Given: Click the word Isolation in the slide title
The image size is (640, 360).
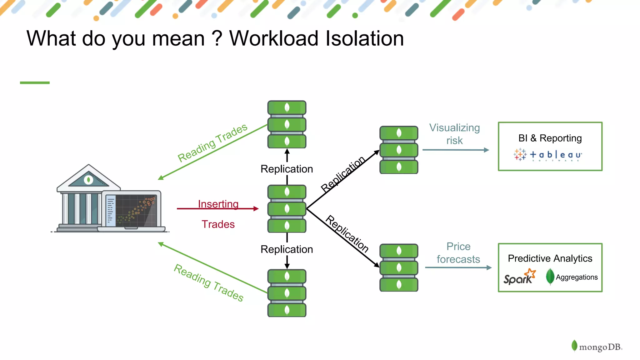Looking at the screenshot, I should (x=364, y=38).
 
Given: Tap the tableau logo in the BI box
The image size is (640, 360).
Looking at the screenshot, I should (x=548, y=155).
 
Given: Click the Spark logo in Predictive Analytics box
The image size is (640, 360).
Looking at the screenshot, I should (x=519, y=277).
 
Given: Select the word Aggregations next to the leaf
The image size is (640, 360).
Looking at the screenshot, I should (x=577, y=277).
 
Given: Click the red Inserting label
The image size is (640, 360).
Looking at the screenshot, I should (x=218, y=204).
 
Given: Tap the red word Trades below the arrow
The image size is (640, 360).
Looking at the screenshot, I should (x=218, y=224).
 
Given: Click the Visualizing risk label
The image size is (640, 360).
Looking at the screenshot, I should (x=454, y=134).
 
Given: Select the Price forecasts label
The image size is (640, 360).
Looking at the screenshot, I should (x=458, y=252).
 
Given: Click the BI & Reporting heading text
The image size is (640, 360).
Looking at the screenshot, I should (x=550, y=138).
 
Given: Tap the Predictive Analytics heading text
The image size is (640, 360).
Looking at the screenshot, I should (x=550, y=258).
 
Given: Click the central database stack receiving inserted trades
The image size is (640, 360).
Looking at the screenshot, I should (x=287, y=208).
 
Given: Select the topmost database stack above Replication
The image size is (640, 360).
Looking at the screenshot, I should (x=287, y=124).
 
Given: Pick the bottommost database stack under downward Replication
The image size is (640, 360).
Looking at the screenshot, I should (x=287, y=293).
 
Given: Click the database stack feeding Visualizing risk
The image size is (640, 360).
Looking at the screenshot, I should (x=399, y=150).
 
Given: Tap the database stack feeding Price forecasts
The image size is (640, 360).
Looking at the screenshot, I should (x=399, y=267).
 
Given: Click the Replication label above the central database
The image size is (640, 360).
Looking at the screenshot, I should (x=287, y=169).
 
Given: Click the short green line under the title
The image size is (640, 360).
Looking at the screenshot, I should (x=35, y=82).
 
